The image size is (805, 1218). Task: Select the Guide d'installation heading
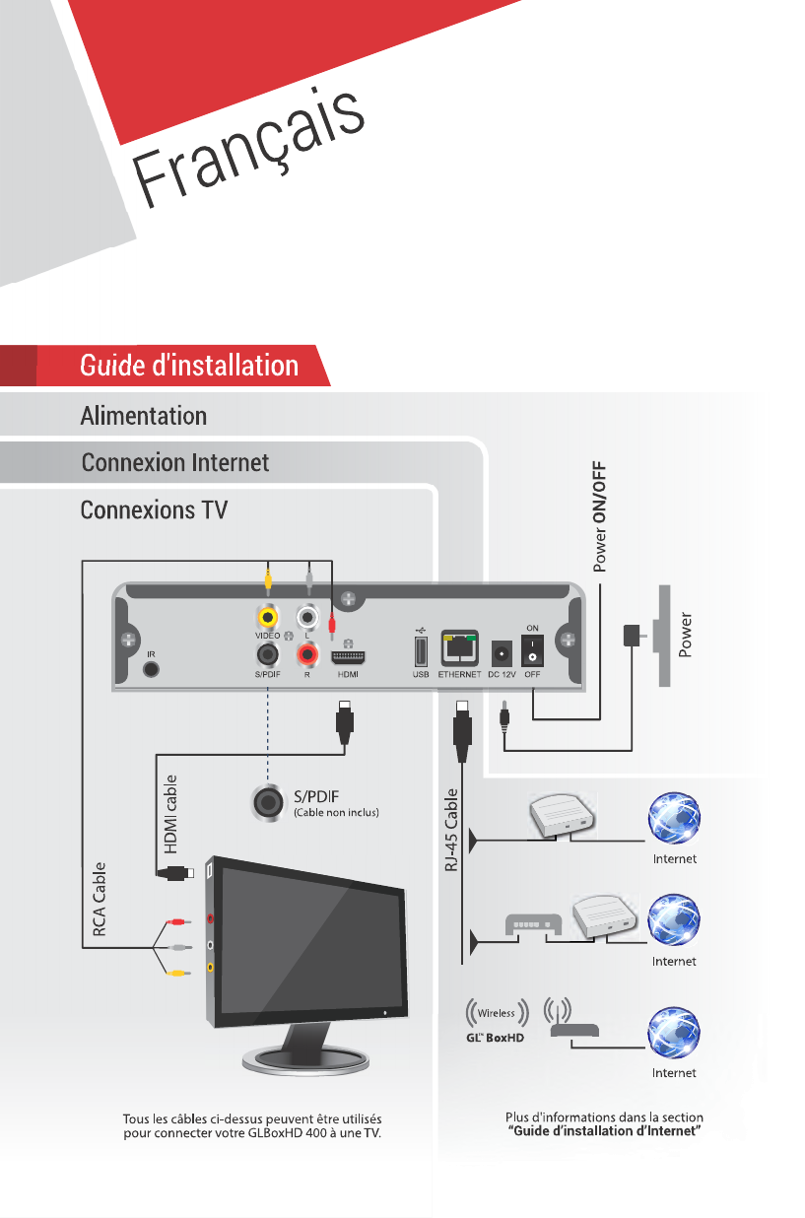[x=188, y=366]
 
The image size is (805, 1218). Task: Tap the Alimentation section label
[x=143, y=416]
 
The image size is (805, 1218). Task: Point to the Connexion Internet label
[x=174, y=462]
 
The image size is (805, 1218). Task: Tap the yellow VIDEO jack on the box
[x=266, y=618]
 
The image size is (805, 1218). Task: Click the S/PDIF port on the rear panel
[x=266, y=653]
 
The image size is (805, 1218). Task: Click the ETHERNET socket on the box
[x=459, y=648]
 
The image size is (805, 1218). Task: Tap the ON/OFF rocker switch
[x=532, y=649]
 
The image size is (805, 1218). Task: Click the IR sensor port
[x=151, y=669]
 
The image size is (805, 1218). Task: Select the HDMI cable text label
[x=171, y=813]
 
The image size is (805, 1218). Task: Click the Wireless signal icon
[x=497, y=1013]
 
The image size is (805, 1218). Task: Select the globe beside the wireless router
[x=674, y=1031]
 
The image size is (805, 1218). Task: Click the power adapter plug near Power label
[x=632, y=637]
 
